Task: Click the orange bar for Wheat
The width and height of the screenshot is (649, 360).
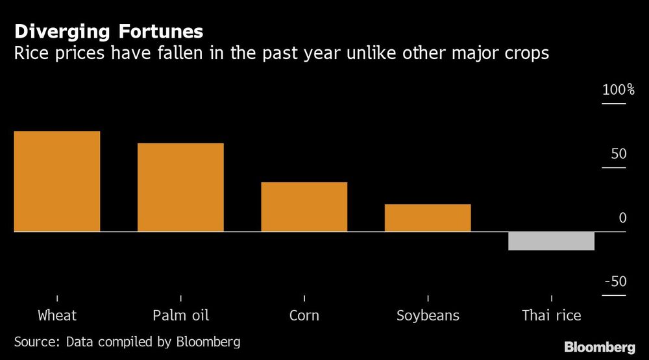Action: tap(57, 182)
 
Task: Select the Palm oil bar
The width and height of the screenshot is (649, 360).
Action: tap(180, 187)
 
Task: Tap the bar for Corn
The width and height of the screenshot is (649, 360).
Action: tap(304, 207)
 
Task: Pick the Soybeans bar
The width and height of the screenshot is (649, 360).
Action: tap(428, 218)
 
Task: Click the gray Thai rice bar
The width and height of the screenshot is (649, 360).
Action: tap(551, 241)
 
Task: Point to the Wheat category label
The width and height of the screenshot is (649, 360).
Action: tap(57, 316)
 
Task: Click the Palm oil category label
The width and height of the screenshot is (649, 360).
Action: tap(180, 316)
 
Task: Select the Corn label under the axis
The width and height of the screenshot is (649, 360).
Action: tap(304, 316)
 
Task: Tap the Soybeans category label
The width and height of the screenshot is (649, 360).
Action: tap(428, 316)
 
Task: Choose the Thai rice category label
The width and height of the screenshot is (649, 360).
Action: tap(551, 316)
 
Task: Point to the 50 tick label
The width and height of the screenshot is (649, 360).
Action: tap(618, 154)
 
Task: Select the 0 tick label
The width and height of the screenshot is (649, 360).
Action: tap(622, 218)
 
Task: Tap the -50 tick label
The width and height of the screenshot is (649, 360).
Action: tap(615, 282)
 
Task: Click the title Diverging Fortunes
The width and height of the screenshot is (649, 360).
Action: tap(109, 32)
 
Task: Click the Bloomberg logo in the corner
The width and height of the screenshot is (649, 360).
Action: tap(600, 347)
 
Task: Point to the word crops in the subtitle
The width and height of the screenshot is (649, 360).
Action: tap(526, 54)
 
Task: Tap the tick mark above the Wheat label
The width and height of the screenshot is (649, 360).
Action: tap(57, 298)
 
